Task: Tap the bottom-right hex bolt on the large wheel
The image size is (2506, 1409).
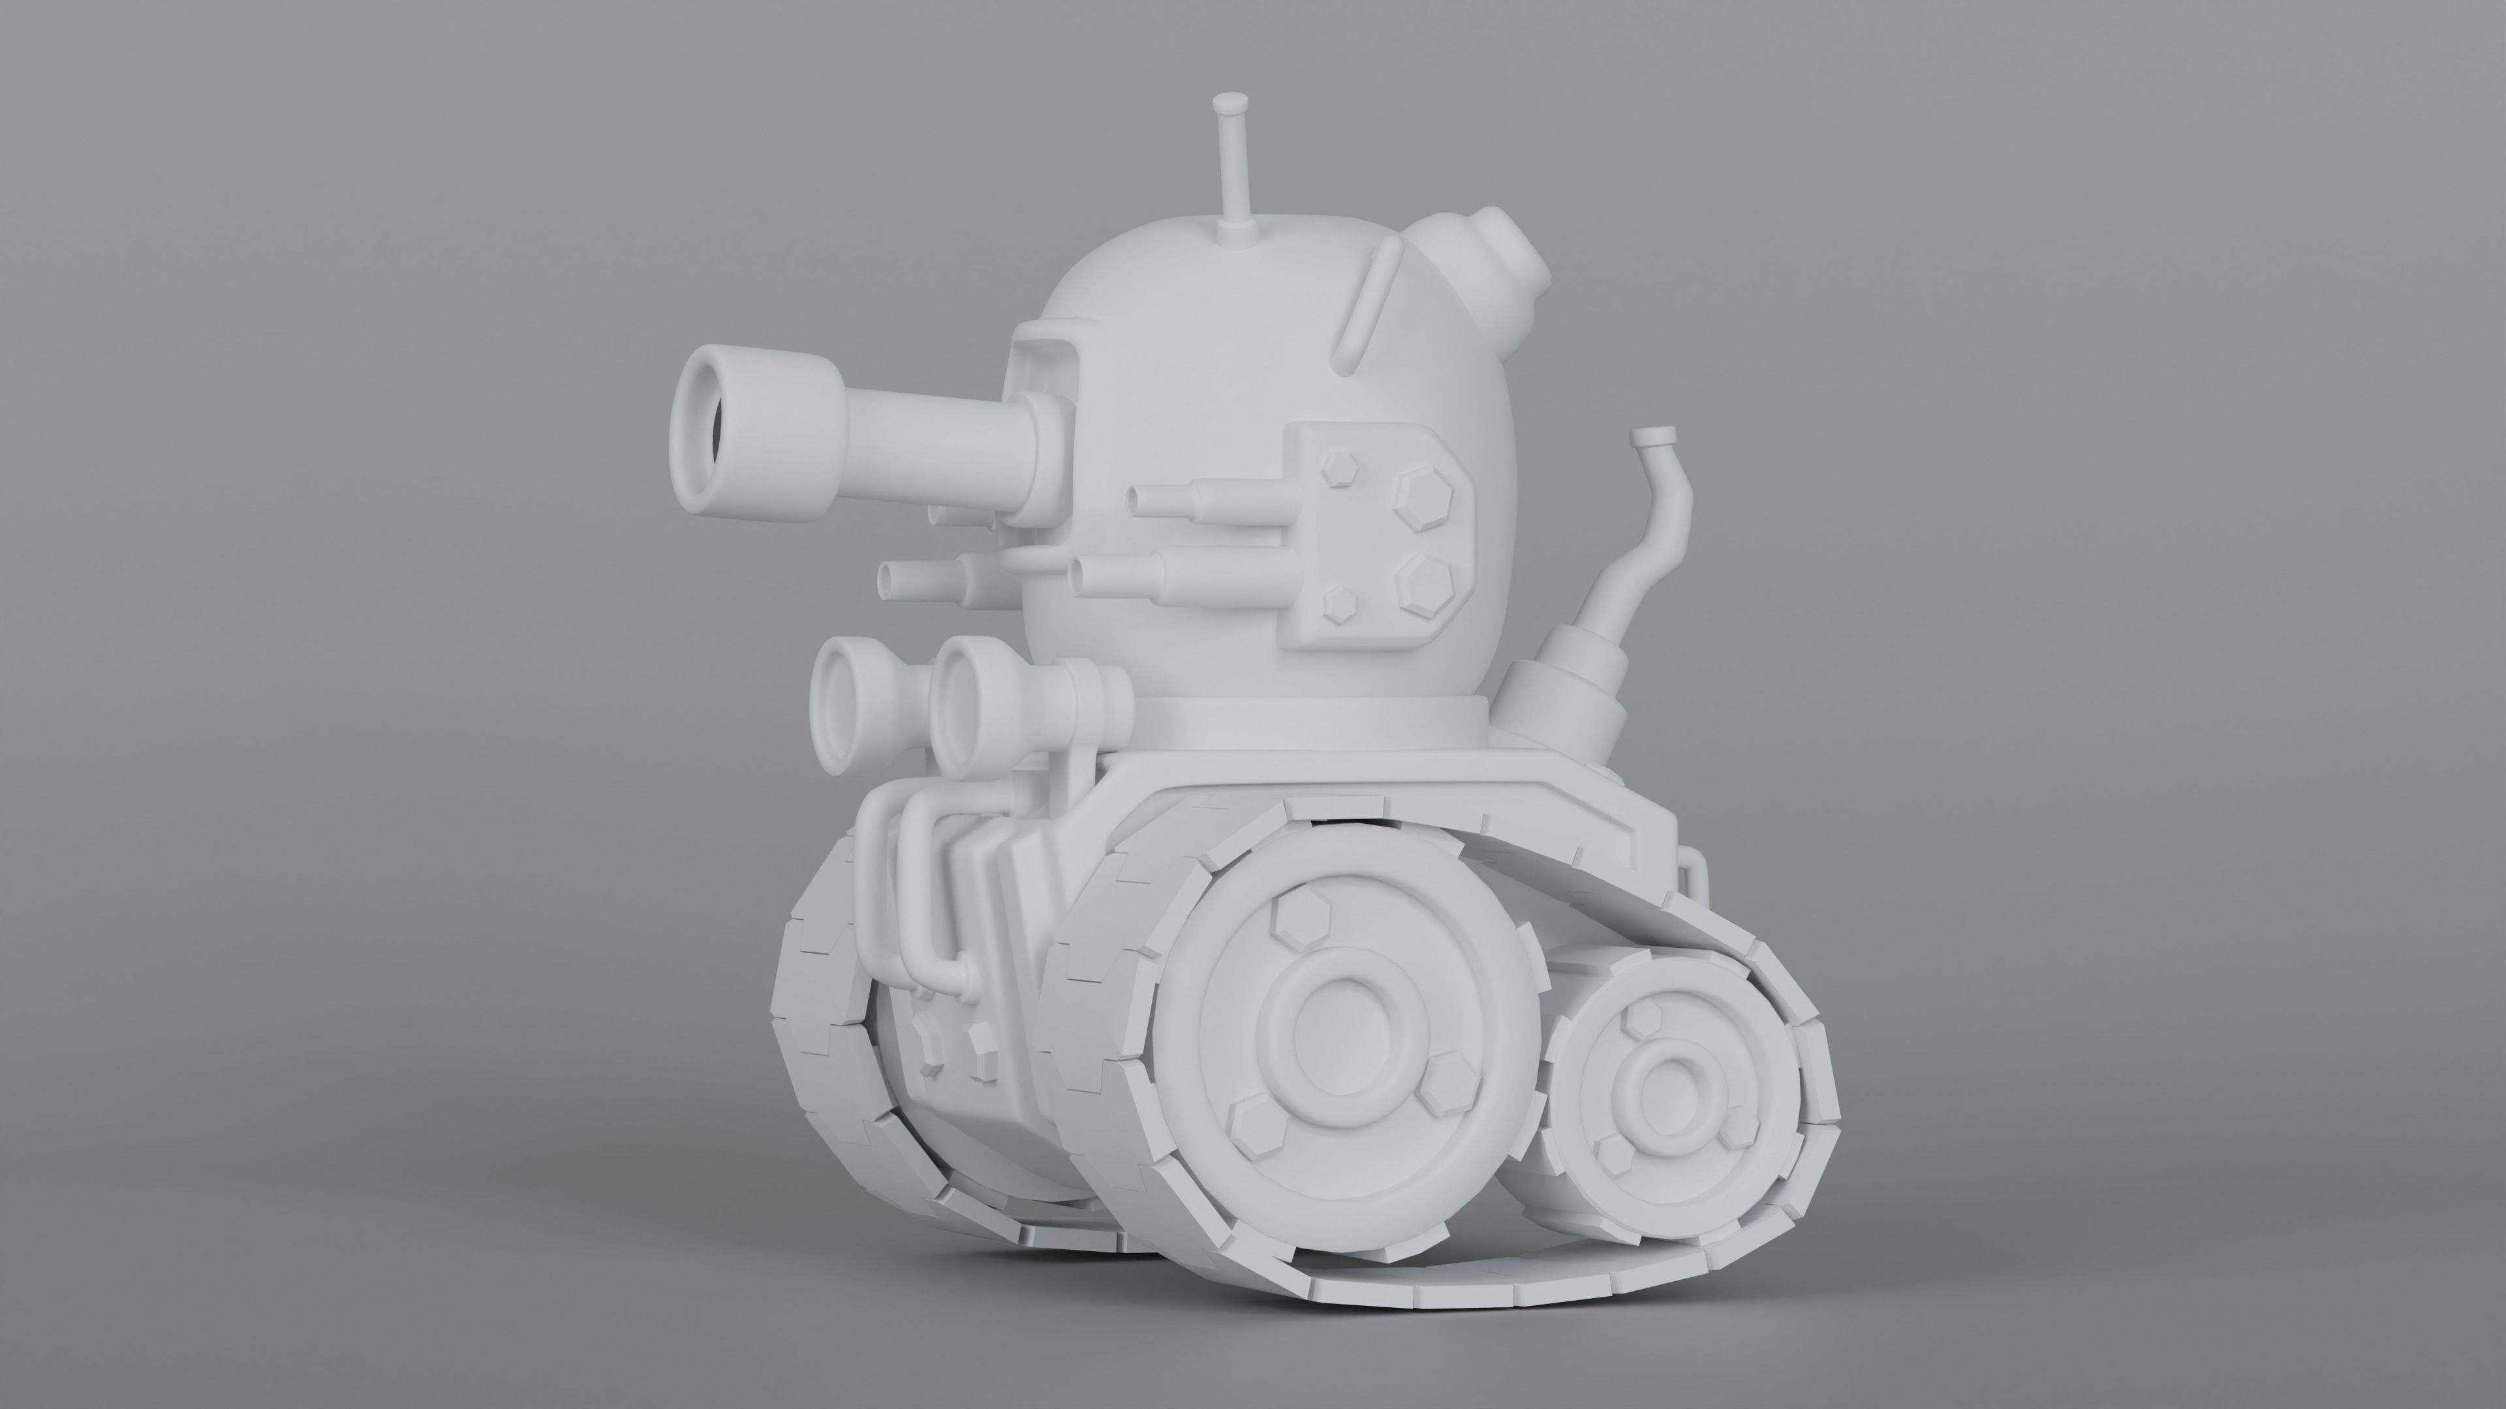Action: click(x=1442, y=1097)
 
